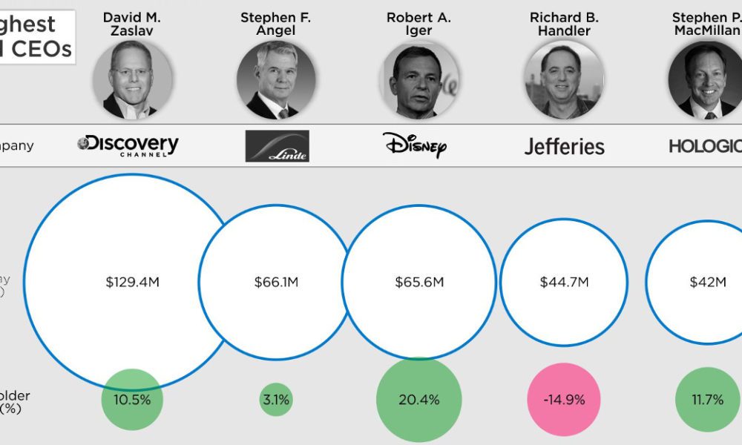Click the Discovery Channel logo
128,145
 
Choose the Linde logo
277,146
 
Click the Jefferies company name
564,146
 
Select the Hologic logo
704,145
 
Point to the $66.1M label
276,282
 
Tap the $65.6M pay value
419,282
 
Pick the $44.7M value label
564,282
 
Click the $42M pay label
706,282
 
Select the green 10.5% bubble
131,400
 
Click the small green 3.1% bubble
276,400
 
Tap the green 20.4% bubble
419,400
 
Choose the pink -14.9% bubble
564,400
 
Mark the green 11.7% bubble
706,400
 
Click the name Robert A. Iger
419,24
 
